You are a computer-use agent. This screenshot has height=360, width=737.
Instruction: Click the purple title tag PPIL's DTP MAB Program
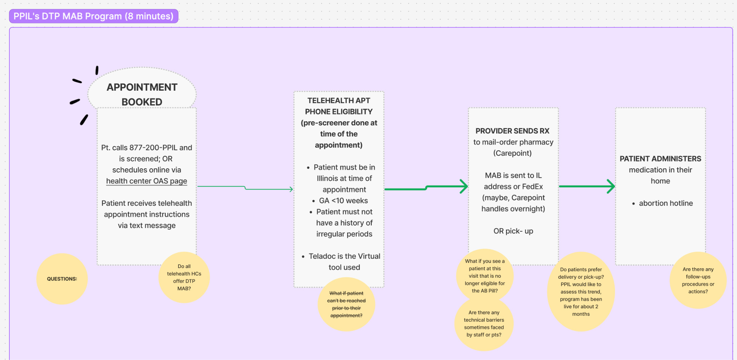point(94,16)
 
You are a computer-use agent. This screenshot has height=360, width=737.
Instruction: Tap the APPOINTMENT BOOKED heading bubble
point(142,94)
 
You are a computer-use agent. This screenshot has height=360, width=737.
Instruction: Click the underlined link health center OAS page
point(146,181)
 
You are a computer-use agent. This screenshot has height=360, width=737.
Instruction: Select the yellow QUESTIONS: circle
point(62,279)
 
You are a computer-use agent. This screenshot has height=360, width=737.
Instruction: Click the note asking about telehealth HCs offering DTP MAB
point(184,277)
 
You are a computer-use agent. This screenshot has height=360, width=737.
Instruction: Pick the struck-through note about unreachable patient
point(346,304)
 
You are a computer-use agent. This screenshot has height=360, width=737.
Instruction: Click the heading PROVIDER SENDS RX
point(512,131)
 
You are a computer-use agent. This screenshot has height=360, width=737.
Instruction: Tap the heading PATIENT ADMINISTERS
point(660,159)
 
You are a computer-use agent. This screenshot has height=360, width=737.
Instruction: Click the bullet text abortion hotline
point(666,203)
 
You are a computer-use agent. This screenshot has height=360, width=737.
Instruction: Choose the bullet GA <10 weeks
point(343,201)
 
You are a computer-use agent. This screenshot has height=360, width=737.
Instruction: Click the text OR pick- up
point(513,231)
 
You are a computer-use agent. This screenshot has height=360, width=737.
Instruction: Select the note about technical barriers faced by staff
point(484,324)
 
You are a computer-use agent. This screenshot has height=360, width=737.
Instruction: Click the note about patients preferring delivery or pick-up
point(581,292)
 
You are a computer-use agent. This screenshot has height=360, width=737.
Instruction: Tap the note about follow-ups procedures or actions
point(698,280)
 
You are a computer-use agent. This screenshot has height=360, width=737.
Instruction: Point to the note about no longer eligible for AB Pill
point(485,276)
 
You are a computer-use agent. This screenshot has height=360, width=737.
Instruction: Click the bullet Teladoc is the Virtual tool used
point(344,261)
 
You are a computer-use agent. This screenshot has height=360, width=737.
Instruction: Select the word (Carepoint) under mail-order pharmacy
point(512,153)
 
